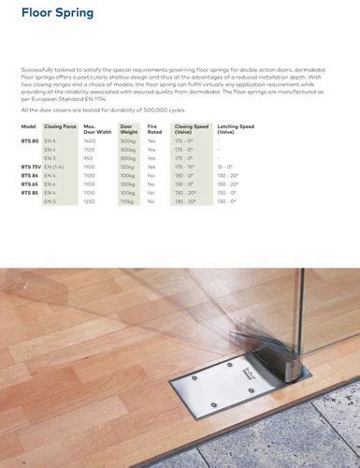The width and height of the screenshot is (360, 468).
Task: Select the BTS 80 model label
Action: (x=29, y=140)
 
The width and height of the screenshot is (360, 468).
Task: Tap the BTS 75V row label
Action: (x=31, y=167)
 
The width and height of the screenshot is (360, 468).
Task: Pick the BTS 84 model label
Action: (x=29, y=175)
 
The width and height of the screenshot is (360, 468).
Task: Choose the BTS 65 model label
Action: (x=29, y=184)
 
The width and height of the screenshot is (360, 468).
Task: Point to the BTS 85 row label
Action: (x=29, y=193)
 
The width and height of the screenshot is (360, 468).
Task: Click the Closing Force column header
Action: (x=59, y=125)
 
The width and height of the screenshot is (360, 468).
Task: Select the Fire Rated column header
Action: (x=153, y=128)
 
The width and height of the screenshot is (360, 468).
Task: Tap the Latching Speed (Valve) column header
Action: (x=237, y=128)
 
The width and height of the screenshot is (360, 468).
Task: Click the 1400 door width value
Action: (x=90, y=140)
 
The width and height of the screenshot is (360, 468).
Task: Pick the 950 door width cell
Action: (x=89, y=158)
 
